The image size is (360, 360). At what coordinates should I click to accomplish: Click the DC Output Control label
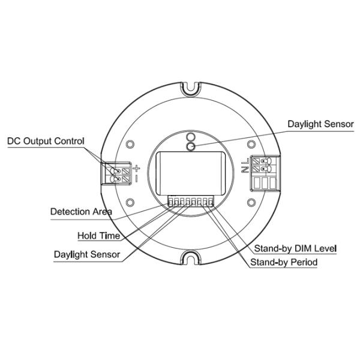pyautogui.click(x=46, y=141)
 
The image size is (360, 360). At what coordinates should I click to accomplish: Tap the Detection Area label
pyautogui.click(x=81, y=212)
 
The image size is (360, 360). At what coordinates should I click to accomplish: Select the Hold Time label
pyautogui.click(x=99, y=236)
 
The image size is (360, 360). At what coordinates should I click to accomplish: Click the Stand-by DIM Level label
pyautogui.click(x=295, y=248)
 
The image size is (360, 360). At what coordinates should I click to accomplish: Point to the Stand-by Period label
pyautogui.click(x=284, y=262)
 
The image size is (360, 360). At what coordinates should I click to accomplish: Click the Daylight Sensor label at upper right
pyautogui.click(x=321, y=124)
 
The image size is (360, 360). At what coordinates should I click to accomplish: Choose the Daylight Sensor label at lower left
pyautogui.click(x=87, y=254)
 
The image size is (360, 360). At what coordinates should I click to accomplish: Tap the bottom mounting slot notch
pyautogui.click(x=190, y=258)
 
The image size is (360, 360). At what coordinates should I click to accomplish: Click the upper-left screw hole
pyautogui.click(x=130, y=144)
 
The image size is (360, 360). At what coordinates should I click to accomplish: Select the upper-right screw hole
pyautogui.click(x=251, y=144)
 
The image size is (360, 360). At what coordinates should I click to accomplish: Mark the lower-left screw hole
pyautogui.click(x=130, y=202)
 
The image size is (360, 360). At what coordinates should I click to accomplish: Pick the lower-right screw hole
pyautogui.click(x=251, y=202)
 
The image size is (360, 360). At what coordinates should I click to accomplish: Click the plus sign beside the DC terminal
pyautogui.click(x=136, y=168)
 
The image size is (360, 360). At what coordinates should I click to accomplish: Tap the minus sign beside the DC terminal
pyautogui.click(x=136, y=179)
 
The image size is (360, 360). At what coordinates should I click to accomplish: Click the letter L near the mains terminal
pyautogui.click(x=245, y=161)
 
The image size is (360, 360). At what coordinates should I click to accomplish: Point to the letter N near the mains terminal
pyautogui.click(x=245, y=169)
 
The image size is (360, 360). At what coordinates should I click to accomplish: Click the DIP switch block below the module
pyautogui.click(x=191, y=202)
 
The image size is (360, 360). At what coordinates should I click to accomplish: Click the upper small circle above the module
pyautogui.click(x=190, y=137)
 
